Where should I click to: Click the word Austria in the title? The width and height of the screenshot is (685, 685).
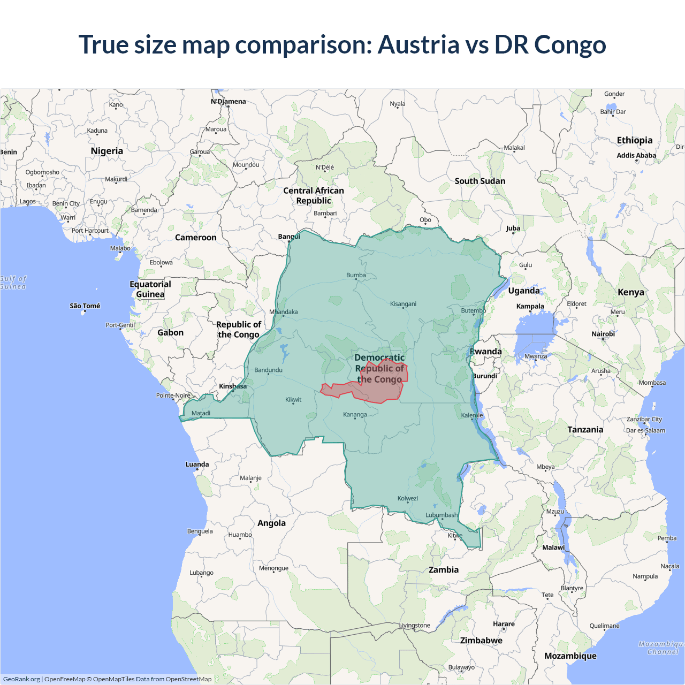pos(418,44)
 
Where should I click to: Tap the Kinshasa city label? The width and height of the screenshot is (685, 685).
pos(233,386)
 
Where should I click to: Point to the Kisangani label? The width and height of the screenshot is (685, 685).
pos(403,304)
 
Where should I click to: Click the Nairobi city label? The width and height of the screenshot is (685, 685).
pos(603,334)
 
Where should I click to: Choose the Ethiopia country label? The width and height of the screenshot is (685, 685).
pos(635,140)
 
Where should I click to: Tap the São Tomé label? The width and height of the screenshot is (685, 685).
pos(85,306)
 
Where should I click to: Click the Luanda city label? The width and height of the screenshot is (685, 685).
pos(197,465)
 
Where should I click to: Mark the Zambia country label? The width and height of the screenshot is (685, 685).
pos(444,570)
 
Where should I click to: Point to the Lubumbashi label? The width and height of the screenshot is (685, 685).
pos(442,515)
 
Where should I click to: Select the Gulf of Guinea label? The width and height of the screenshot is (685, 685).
pos(13,283)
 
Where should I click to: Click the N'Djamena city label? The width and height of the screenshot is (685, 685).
pos(229,102)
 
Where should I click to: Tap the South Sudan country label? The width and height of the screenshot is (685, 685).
pos(480,181)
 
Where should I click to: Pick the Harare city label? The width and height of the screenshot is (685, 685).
pos(504,624)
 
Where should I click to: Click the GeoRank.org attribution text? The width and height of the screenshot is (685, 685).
pos(21,679)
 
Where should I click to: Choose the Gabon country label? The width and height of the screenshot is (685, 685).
pos(170,332)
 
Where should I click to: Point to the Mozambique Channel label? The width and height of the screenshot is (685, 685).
pos(662,648)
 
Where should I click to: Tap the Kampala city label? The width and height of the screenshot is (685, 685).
pos(530,307)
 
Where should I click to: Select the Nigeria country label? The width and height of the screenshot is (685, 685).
pos(107,151)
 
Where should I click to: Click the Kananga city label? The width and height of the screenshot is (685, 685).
pos(355,415)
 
